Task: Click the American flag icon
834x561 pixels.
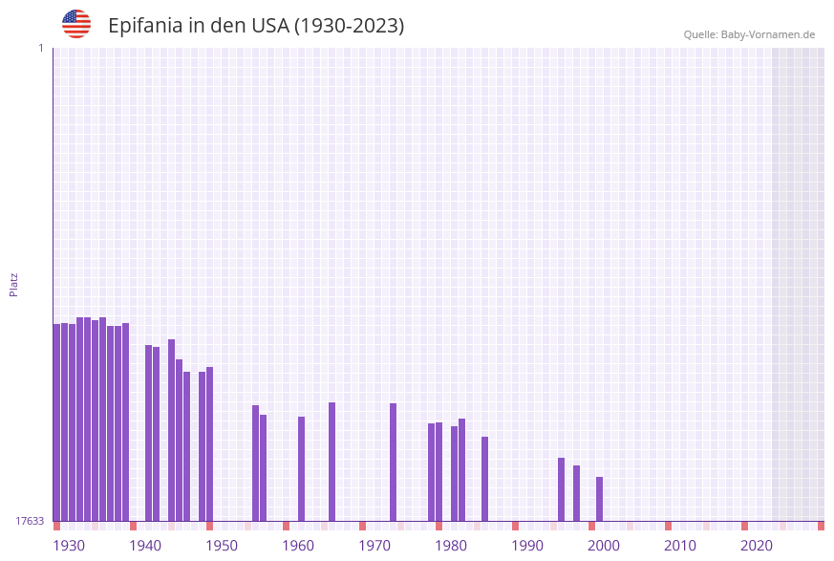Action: click(76, 24)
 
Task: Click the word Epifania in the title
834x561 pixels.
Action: click(144, 26)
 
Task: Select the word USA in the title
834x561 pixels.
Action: click(270, 26)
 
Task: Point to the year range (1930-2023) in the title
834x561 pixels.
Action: click(349, 26)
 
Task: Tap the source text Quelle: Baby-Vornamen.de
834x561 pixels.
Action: click(749, 34)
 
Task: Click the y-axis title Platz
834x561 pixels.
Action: click(14, 284)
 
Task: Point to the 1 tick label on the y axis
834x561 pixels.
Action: click(40, 48)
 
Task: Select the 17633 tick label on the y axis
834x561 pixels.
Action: click(30, 521)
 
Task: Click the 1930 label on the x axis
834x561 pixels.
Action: click(69, 546)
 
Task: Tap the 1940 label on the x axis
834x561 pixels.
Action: click(145, 546)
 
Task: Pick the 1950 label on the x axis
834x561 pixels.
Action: click(222, 546)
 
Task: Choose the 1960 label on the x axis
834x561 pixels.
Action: click(298, 546)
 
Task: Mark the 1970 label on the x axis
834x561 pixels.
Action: click(374, 546)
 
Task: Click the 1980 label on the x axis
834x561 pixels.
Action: click(451, 546)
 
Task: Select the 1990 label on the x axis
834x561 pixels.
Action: click(527, 546)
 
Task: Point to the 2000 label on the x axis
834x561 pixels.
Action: click(604, 546)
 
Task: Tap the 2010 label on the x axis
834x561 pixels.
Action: click(680, 546)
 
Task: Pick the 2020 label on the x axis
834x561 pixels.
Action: click(757, 546)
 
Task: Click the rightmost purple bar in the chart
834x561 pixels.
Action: click(599, 499)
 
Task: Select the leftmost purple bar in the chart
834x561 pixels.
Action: click(56, 422)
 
